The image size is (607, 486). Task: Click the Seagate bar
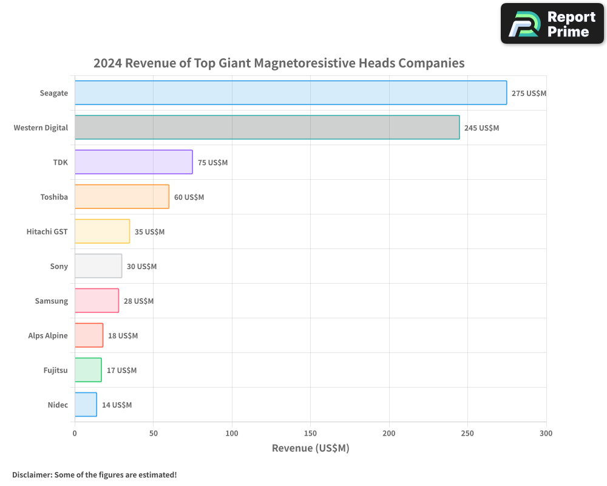[x=291, y=93]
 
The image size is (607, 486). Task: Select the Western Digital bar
[x=267, y=128]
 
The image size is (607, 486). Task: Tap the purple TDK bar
[x=134, y=162]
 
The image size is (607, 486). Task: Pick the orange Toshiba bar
[x=122, y=197]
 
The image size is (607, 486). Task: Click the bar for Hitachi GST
[x=102, y=231]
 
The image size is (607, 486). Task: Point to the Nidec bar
[x=86, y=405]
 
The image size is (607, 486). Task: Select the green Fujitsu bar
[x=88, y=370]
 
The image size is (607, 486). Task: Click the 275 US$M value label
[x=529, y=94]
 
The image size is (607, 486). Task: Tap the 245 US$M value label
[x=481, y=128]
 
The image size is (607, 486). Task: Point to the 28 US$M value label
[x=138, y=301]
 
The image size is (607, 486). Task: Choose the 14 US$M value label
[x=117, y=405]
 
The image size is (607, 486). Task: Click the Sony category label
[x=59, y=266]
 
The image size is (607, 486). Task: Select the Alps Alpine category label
[x=48, y=335]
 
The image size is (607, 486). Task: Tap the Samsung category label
[x=52, y=301]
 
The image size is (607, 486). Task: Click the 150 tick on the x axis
[x=310, y=434]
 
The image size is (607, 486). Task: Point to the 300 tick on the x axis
[x=546, y=434]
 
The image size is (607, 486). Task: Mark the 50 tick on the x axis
[x=153, y=434]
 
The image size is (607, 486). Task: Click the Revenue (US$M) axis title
[x=310, y=448]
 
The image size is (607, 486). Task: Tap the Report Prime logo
[x=552, y=24]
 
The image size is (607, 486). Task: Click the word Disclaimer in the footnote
[x=31, y=475]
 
